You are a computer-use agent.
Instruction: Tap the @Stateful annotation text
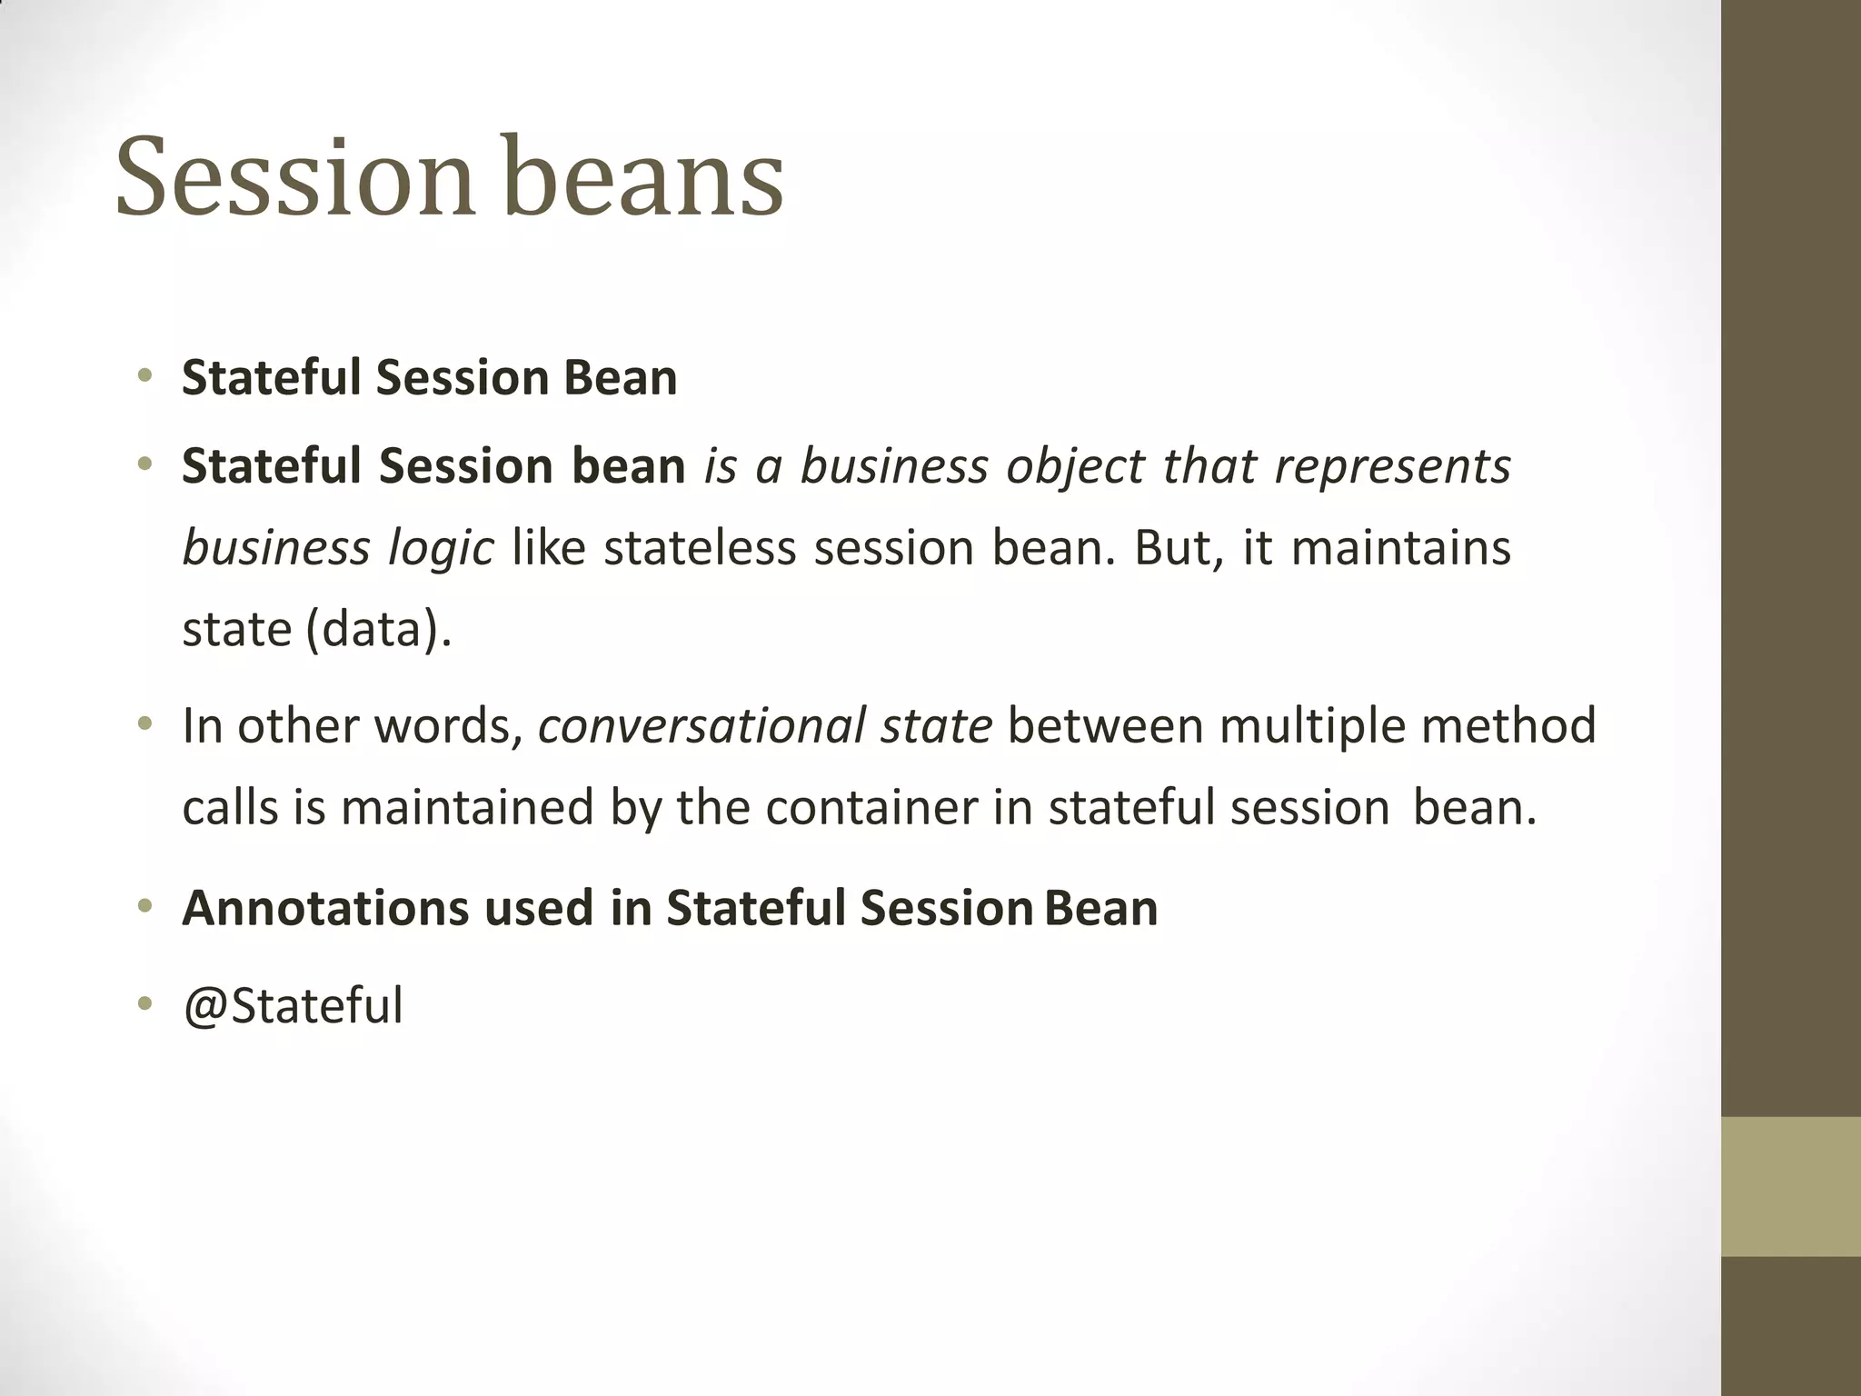pyautogui.click(x=293, y=1006)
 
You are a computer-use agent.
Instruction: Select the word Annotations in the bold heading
pyautogui.click(x=324, y=908)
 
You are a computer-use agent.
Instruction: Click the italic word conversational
pyautogui.click(x=701, y=726)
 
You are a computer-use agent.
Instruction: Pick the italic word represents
pyautogui.click(x=1392, y=466)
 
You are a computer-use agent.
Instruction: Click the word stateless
pyautogui.click(x=699, y=548)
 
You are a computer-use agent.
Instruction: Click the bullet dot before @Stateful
pyautogui.click(x=144, y=1005)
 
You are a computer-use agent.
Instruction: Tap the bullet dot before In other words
pyautogui.click(x=144, y=725)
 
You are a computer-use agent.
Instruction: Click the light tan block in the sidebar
pyautogui.click(x=1790, y=1186)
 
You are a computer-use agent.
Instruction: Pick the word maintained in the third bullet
pyautogui.click(x=467, y=807)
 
